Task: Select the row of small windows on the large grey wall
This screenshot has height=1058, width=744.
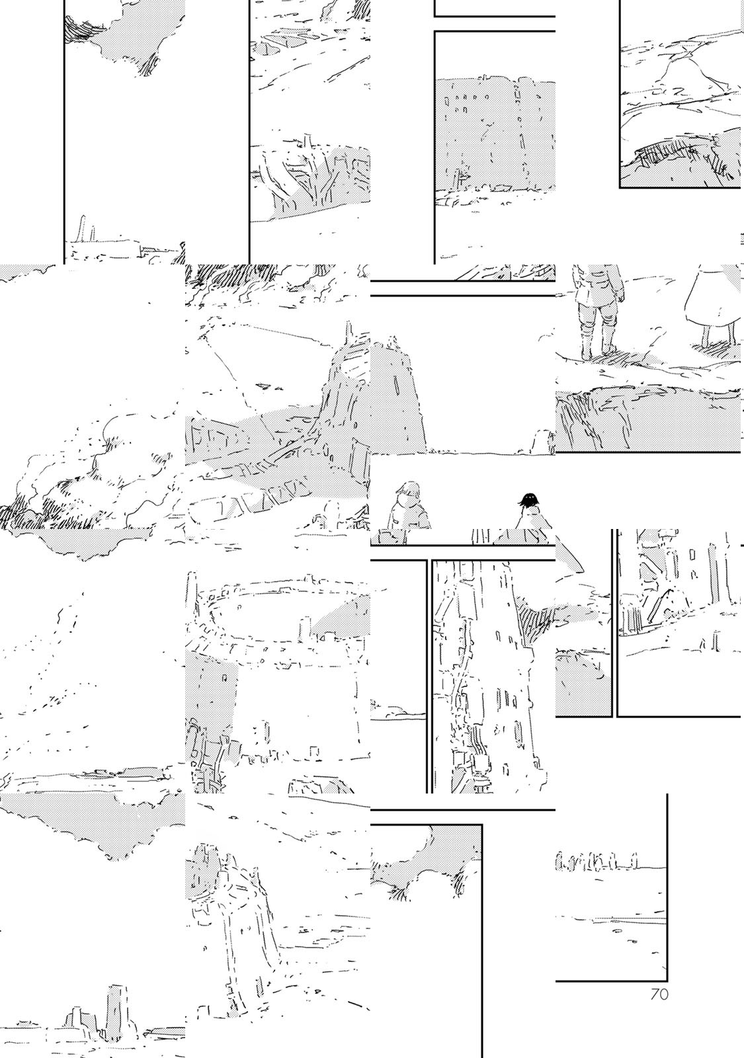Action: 468,99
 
